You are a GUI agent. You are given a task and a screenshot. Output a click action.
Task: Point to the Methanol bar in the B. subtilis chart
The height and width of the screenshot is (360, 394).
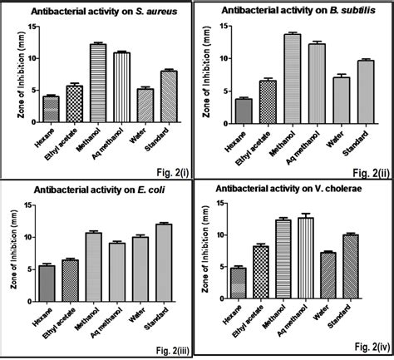(290, 90)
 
